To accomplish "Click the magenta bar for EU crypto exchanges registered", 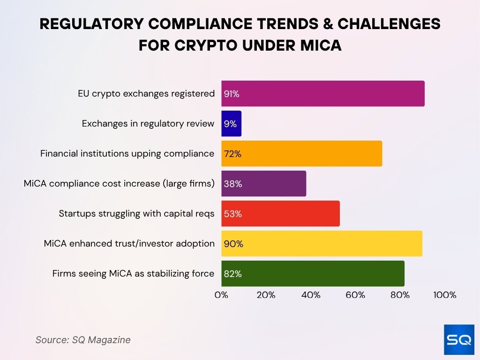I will (x=323, y=94).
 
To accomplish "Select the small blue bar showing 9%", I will (x=232, y=124).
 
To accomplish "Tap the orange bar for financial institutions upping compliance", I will (x=301, y=153).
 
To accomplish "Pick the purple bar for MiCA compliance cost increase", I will (x=263, y=184).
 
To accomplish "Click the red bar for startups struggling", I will (x=280, y=214).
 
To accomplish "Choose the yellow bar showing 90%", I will (x=322, y=244).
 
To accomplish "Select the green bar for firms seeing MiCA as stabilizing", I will (x=313, y=274).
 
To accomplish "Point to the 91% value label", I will (x=232, y=94).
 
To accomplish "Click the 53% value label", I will (x=232, y=214).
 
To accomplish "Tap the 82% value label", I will (x=232, y=274).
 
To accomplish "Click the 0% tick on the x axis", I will (x=221, y=295).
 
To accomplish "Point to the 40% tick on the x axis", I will (x=311, y=295).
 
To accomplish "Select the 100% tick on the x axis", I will (x=445, y=295).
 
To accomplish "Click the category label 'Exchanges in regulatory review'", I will (x=148, y=124).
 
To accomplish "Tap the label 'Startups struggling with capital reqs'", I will (x=136, y=214).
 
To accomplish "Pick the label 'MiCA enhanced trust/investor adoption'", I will (x=129, y=244).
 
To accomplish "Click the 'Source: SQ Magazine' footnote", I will (x=83, y=340).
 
